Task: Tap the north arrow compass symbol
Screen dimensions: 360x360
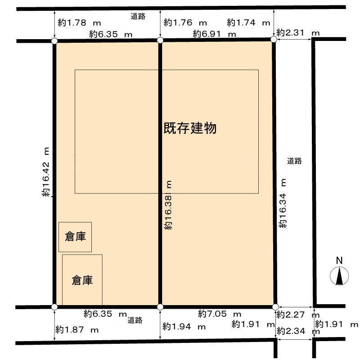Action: [339, 275]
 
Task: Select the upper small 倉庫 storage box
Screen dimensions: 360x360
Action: [75, 237]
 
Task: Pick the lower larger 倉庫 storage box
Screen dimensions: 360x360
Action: [82, 280]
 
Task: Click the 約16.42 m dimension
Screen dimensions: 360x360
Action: [46, 173]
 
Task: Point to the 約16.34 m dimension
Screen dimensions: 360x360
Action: [283, 203]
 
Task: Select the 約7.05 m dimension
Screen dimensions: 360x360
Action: [220, 314]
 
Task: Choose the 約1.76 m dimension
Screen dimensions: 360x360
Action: [185, 22]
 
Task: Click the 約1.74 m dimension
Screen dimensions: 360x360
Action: [248, 22]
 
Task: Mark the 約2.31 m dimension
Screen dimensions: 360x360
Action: [298, 32]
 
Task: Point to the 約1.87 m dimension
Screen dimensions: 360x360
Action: [77, 330]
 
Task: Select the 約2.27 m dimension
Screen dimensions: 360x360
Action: [298, 315]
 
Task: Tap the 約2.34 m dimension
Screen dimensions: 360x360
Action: [298, 331]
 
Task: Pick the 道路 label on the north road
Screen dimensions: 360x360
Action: [138, 17]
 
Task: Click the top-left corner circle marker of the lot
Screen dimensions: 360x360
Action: [54, 41]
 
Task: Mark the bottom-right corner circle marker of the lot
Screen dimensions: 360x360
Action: [275, 307]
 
